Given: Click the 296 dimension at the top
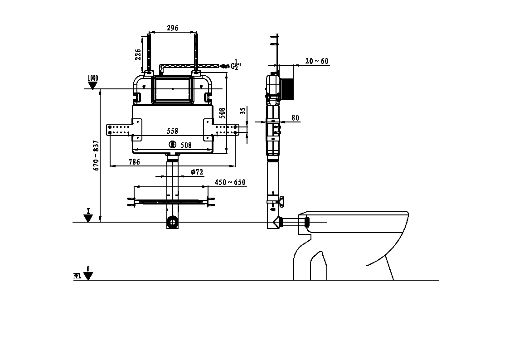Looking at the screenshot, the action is pos(172,28).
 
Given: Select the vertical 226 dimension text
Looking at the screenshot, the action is pos(138,54).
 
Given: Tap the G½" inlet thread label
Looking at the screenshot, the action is pos(236,65).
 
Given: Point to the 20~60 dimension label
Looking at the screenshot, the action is pos(317,61).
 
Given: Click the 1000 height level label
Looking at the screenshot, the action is pos(92,78).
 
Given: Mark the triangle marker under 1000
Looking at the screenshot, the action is pos(93,85).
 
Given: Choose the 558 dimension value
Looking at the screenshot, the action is pos(172,131).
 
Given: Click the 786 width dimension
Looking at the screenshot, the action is pos(134,162).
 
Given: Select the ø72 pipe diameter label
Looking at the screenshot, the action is pos(197,172).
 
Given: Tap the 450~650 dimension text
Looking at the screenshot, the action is pos(230,182).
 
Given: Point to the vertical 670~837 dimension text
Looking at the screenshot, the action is pos(96,156).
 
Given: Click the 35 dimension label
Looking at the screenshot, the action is pos(243,111).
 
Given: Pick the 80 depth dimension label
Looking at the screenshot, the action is pos(295,118).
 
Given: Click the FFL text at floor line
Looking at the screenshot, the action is pos(77,276).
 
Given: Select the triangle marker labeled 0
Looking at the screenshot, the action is pos(88,276).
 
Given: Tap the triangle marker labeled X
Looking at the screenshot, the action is pos(88,218).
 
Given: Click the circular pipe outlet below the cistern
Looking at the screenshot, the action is pos(172,222).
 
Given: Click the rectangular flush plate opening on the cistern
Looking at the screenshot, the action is pos(172,88).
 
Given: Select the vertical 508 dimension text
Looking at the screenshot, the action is pos(223,113).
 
